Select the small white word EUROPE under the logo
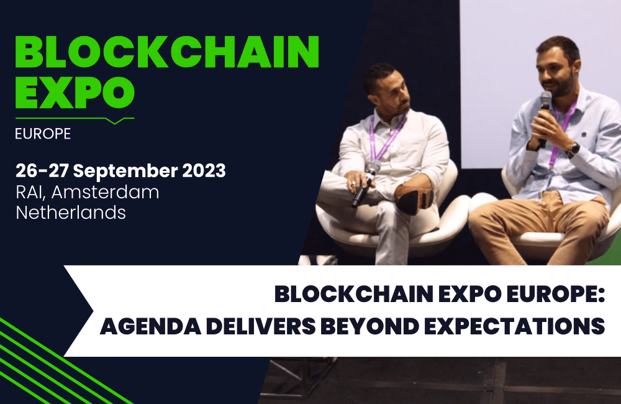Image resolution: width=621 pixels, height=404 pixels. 43,134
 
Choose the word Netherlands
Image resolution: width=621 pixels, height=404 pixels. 71,213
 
